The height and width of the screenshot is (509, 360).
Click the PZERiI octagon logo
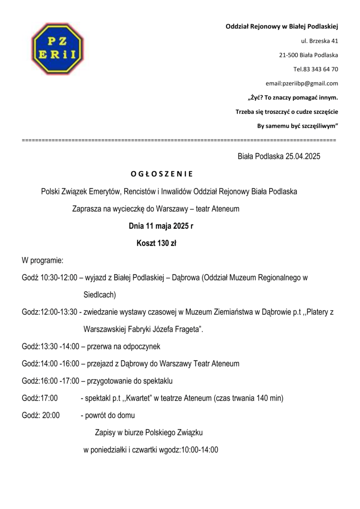[58, 48]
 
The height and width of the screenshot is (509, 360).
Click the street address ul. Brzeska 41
[319, 41]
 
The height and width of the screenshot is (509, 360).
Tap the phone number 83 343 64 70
[320, 69]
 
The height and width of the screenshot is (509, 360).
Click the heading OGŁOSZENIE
[162, 174]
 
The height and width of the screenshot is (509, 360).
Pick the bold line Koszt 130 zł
[156, 243]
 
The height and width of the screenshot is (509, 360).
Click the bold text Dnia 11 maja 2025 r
[161, 226]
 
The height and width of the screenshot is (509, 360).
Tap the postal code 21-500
[288, 55]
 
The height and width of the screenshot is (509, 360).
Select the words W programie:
[43, 261]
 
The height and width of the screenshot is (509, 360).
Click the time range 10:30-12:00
[59, 278]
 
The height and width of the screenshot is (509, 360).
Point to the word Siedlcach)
[100, 294]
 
